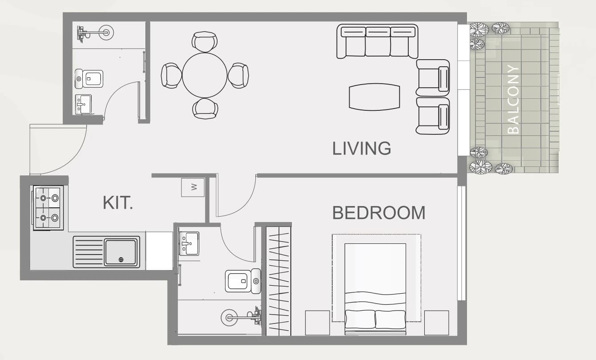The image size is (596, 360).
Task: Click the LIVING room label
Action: (362, 148)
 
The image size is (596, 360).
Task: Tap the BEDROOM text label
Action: (379, 213)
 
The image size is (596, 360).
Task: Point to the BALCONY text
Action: (513, 99)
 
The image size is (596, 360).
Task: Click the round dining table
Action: (205, 75)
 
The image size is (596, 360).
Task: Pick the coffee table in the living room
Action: (375, 97)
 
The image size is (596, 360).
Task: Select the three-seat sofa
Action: (377, 41)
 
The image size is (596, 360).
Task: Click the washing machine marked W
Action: (193, 187)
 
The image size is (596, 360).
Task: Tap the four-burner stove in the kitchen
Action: (48, 208)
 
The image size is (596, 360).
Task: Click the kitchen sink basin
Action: (121, 252)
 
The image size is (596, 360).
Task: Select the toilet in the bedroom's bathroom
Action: (243, 281)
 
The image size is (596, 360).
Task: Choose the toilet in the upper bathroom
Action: (89, 79)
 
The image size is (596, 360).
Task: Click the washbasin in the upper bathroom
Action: (83, 105)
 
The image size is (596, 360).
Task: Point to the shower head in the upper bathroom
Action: (106, 33)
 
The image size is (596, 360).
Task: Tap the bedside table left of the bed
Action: (318, 323)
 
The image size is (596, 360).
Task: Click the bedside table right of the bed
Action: (437, 323)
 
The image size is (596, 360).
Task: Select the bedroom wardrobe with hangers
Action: (278, 281)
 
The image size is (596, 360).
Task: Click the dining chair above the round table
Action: (205, 42)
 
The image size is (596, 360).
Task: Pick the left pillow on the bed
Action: (360, 319)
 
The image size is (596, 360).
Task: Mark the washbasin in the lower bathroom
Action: (189, 244)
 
